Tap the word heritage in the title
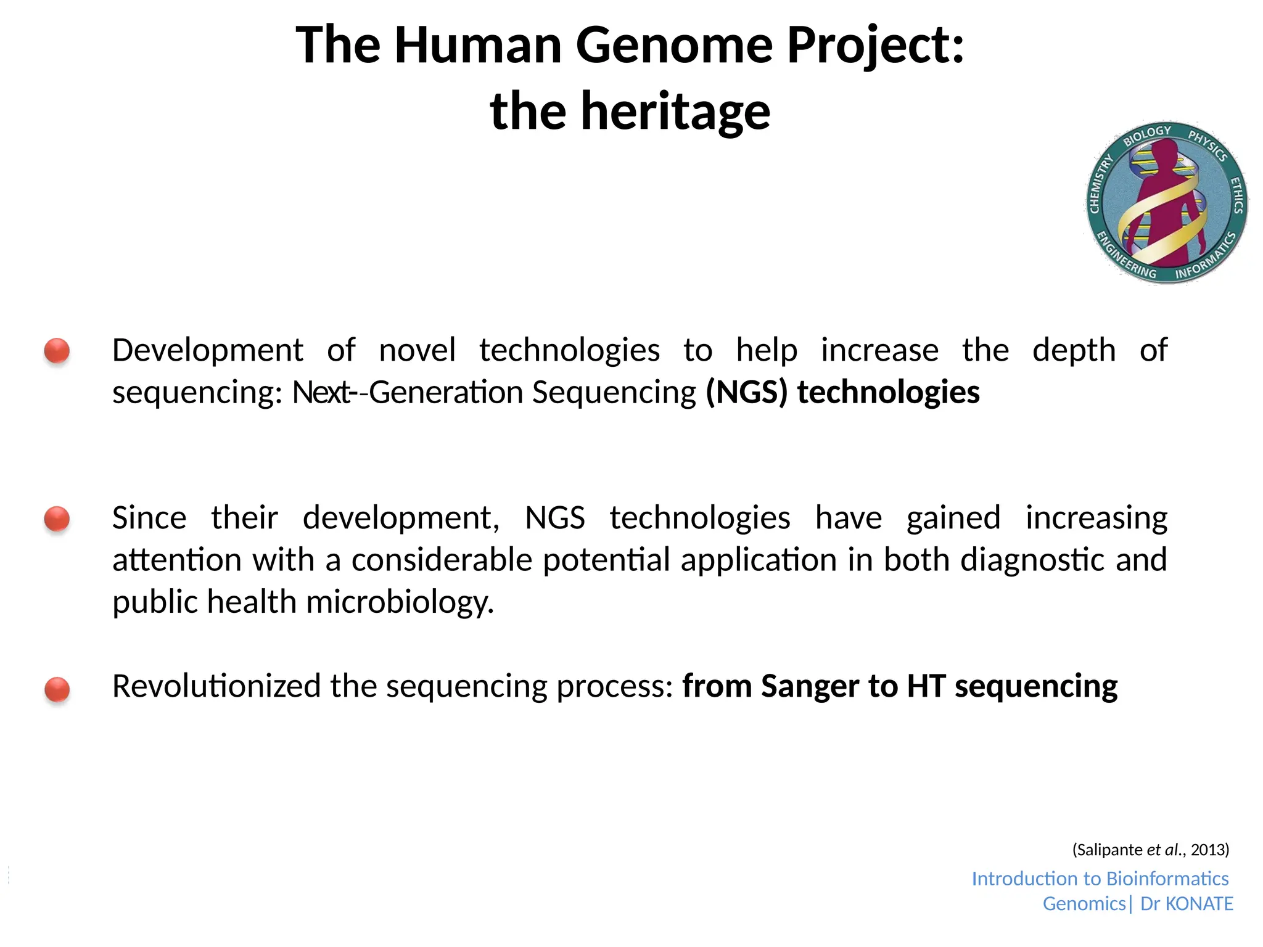(x=675, y=112)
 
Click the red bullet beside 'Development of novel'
(x=57, y=351)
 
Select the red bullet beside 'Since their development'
(x=57, y=519)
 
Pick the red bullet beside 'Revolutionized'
(x=57, y=689)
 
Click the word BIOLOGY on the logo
(x=1146, y=135)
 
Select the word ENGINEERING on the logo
(x=1125, y=255)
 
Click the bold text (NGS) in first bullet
(x=747, y=393)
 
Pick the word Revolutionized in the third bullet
(x=216, y=686)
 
